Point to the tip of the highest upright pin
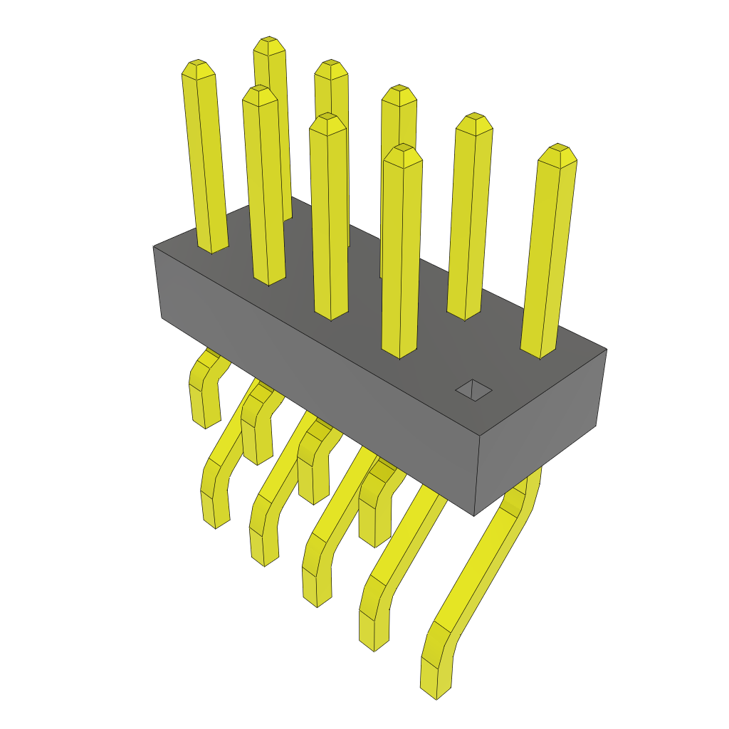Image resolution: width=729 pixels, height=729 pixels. [269, 45]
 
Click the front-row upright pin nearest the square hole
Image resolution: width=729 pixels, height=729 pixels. [401, 249]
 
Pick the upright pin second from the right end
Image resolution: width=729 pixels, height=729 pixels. [470, 214]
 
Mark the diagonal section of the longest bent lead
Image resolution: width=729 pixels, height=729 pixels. [484, 562]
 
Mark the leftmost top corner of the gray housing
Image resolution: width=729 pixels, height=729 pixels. [154, 246]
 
